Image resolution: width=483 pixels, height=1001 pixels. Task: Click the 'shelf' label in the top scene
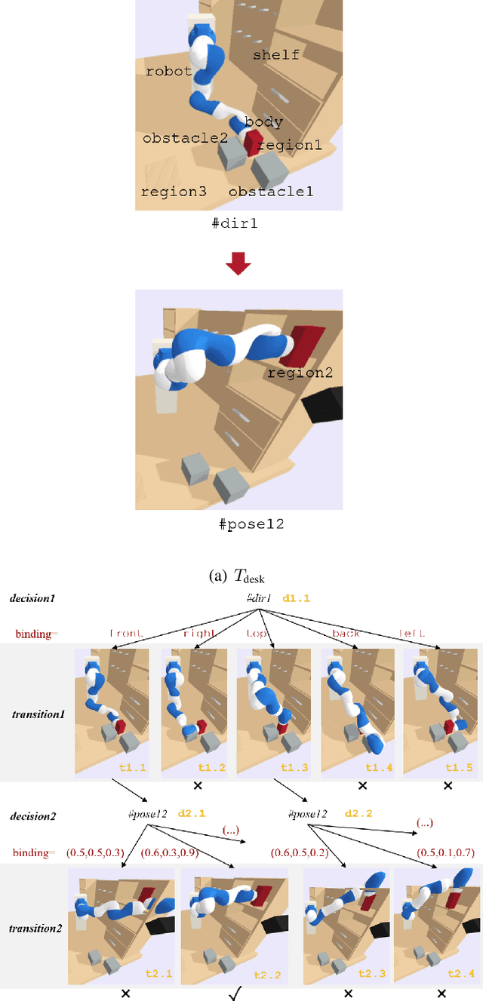point(276,55)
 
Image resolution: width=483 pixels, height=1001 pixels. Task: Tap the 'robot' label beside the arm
point(169,72)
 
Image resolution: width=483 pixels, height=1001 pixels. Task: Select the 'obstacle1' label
point(271,192)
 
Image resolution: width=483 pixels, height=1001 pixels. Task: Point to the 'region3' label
point(174,192)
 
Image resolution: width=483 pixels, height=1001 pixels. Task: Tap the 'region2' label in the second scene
point(300,373)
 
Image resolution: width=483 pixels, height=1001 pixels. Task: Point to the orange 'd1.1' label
point(296,598)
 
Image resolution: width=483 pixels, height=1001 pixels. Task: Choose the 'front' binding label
point(126,634)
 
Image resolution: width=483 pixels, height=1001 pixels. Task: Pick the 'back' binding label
point(346,634)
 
